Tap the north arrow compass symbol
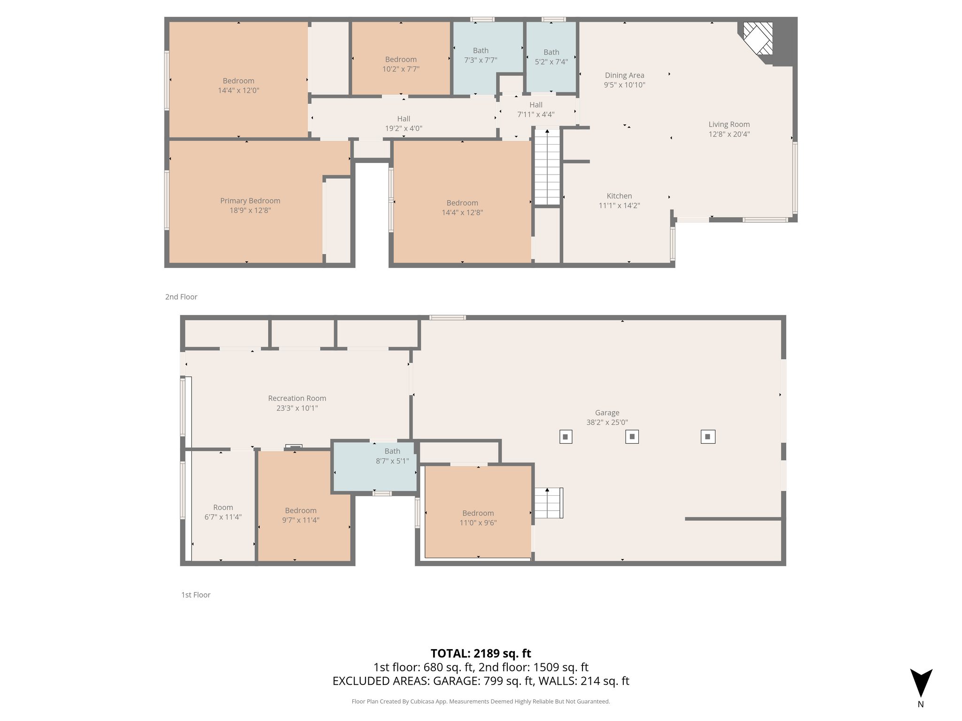pos(921,683)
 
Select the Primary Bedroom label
pos(250,201)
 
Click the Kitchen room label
pos(619,196)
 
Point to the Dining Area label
pos(624,76)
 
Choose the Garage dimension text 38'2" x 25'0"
pos(607,422)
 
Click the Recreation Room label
pos(297,399)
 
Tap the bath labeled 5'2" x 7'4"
pos(551,57)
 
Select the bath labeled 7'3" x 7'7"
pos(481,55)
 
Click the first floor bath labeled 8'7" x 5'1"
pos(374,467)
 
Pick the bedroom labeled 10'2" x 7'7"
pos(401,58)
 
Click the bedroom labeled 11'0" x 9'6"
pos(478,512)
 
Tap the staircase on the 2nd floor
pos(547,167)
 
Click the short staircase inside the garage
pos(548,503)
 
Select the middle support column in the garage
pos(632,437)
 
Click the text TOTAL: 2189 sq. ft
pos(481,653)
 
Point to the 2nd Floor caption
pos(181,297)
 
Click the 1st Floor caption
pos(196,595)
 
